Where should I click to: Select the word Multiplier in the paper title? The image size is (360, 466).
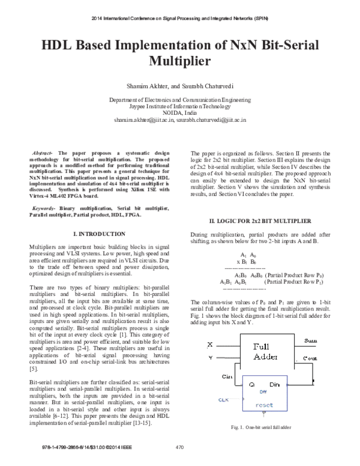180,61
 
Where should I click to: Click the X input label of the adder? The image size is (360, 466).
209,345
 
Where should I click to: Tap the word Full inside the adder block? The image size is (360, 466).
265,348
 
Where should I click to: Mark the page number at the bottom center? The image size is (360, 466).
179,446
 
